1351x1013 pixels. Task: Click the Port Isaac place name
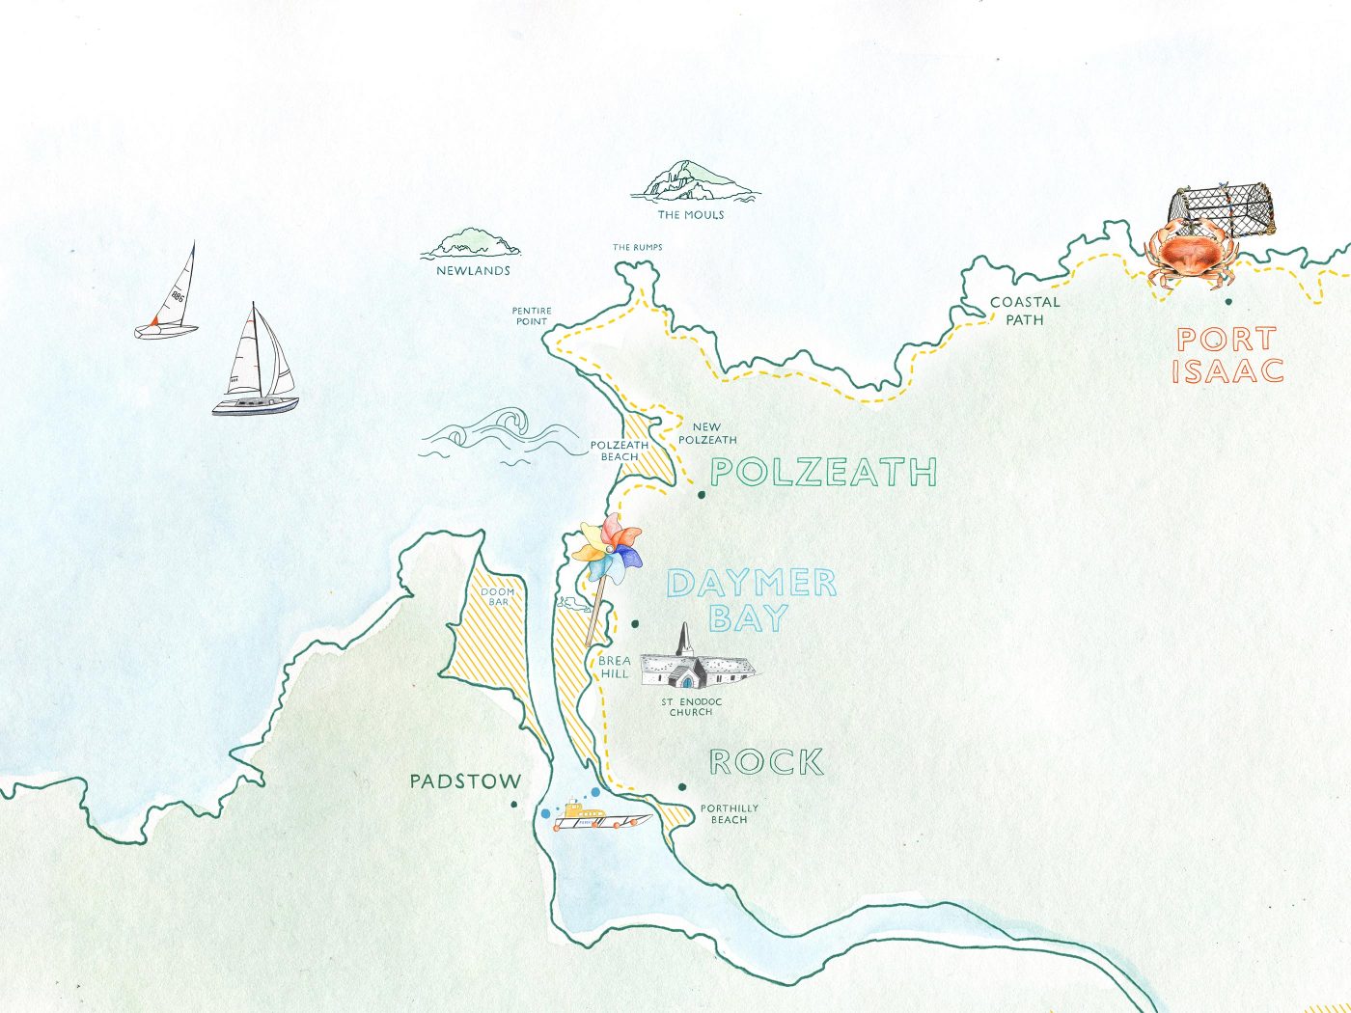coord(1227,355)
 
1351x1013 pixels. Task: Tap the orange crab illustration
coord(1190,254)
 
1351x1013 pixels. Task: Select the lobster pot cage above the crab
coord(1221,208)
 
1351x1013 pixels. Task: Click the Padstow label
coord(465,781)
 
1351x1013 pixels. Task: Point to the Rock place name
coord(766,762)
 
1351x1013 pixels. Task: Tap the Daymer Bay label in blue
coord(751,600)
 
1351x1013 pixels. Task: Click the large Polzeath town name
coord(823,472)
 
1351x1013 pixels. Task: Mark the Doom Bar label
coord(498,596)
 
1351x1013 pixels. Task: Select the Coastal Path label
coord(1025,310)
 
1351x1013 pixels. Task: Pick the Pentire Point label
coord(531,316)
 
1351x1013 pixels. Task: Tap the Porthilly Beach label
coord(729,814)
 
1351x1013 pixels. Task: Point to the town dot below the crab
coord(1227,302)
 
